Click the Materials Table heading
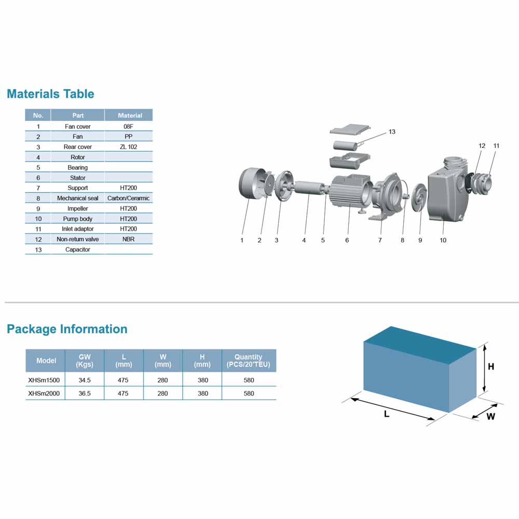50,93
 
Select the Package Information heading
67,329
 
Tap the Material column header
130,116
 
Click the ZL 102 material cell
128,147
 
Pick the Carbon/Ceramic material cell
128,198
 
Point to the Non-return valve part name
78,239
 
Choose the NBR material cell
128,239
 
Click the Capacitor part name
78,250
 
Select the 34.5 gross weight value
85,380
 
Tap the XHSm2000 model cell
44,393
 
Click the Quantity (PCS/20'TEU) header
248,361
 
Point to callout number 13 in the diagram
392,132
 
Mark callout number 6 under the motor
347,240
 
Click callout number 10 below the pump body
443,240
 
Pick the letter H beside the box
491,367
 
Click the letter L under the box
387,414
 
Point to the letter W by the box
491,416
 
